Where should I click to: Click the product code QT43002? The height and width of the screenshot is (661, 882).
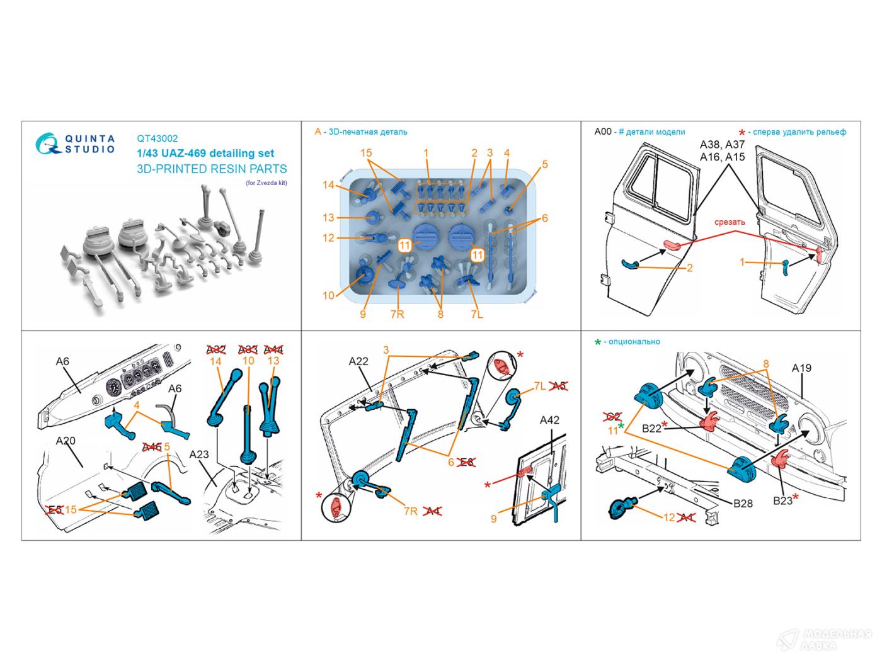(157, 139)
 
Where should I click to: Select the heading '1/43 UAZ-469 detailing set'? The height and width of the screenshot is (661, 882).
(205, 153)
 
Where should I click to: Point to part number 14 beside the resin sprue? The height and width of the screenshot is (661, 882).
(328, 185)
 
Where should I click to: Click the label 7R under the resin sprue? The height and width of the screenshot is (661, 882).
(396, 314)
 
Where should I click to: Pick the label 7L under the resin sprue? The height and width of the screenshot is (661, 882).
(476, 314)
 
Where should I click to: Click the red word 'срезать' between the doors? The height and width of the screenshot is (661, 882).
(730, 222)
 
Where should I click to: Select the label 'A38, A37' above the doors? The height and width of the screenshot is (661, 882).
(722, 145)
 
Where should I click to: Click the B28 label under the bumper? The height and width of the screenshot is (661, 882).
(743, 503)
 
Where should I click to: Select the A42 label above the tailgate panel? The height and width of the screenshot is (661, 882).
(549, 420)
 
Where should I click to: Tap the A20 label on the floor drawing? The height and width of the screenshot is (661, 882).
(66, 441)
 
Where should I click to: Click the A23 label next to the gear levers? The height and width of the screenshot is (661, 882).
(198, 455)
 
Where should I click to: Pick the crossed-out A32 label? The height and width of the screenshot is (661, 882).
(216, 349)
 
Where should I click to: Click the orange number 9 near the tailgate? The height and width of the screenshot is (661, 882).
(495, 519)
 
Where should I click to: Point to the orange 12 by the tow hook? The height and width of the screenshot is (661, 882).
(669, 517)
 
